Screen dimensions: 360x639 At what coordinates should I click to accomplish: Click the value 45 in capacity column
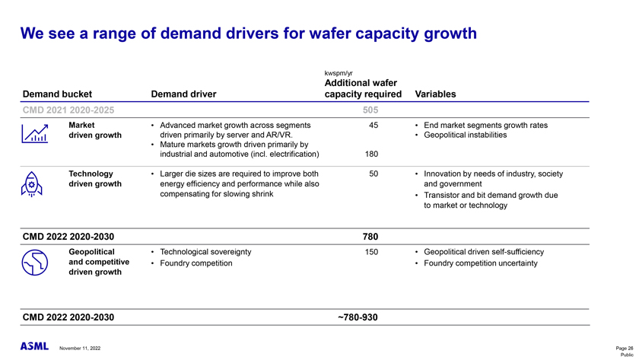(374, 126)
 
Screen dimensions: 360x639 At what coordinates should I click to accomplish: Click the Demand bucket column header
(57, 95)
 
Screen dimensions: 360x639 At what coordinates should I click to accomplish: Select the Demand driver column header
(184, 95)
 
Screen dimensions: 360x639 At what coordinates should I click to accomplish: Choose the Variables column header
(436, 95)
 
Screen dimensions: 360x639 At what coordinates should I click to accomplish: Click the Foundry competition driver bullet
(202, 263)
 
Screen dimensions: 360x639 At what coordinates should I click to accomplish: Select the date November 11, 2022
(80, 349)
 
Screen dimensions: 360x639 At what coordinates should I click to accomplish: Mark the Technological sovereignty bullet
(206, 252)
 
